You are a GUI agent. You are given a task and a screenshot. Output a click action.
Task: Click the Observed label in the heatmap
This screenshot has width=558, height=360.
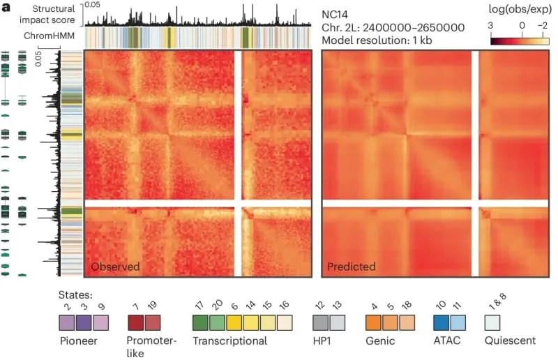point(115,267)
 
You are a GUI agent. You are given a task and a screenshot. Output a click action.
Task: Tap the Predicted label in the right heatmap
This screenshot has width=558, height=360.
point(352,267)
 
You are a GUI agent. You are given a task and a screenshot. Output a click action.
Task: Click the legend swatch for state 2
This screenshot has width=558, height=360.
point(67,322)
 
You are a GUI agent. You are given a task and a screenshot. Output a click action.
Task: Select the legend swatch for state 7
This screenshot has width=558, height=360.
point(135,322)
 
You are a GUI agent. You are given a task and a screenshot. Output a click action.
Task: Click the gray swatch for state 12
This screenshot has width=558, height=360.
point(320,322)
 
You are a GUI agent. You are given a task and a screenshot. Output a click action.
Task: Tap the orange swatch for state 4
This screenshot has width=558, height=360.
point(375,322)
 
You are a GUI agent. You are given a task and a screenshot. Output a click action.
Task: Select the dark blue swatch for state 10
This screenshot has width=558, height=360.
point(441,322)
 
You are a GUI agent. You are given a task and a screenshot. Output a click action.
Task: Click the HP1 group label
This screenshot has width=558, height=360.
point(322,341)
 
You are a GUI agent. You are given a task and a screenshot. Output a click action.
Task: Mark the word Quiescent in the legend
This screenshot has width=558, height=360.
point(510,341)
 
